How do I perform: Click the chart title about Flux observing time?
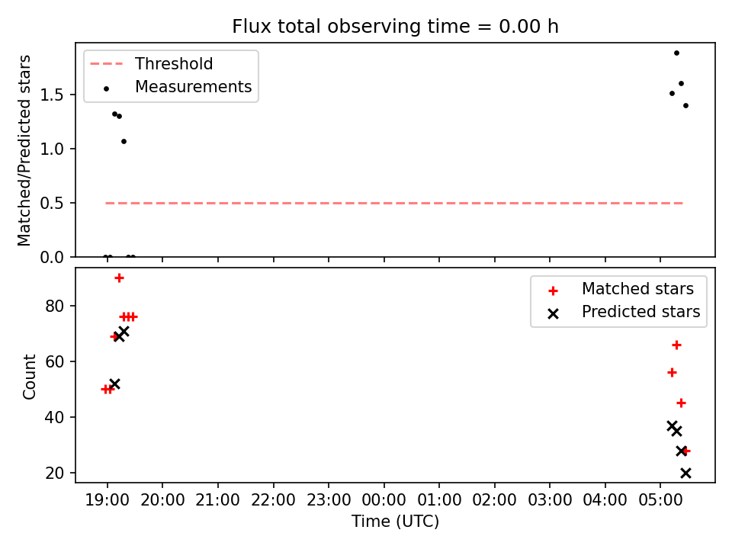pos(395,27)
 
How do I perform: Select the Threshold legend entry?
pos(152,63)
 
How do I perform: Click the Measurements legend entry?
pos(178,87)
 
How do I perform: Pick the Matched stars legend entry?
pos(621,289)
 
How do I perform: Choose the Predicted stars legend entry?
pos(624,312)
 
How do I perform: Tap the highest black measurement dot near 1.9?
pos(676,53)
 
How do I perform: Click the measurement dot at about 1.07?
pos(124,142)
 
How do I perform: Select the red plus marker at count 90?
pos(119,278)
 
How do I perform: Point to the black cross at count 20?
pos(685,473)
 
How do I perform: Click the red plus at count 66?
pos(676,345)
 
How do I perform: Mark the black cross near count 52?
pos(114,384)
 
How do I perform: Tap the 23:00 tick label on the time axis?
pos(329,500)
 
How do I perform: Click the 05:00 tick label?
pos(660,500)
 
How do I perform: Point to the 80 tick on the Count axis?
pos(55,307)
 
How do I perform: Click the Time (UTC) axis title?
pos(395,522)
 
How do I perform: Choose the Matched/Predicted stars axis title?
pos(24,150)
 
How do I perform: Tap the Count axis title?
pos(29,376)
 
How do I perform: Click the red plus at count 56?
pos(672,373)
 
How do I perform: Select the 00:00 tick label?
pos(384,500)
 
